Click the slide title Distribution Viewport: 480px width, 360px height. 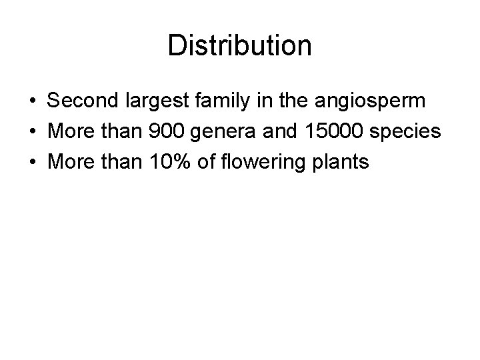coord(239,46)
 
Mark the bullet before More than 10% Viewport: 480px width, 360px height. coord(32,162)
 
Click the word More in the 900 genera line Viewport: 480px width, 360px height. coord(71,132)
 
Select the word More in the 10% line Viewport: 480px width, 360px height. coord(71,161)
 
